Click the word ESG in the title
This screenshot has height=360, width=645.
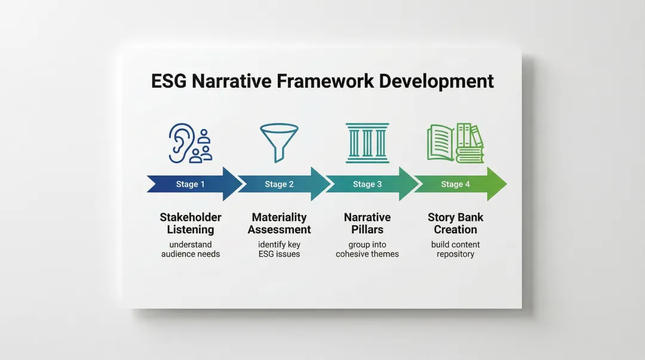coord(169,81)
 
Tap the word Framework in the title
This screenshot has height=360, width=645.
coord(325,81)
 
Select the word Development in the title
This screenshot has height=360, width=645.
coord(436,82)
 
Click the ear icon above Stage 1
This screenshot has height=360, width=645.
coord(181,143)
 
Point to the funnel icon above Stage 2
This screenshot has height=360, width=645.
coord(279,142)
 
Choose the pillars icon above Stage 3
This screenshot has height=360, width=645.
coord(367,143)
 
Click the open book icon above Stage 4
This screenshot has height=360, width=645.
coord(441,143)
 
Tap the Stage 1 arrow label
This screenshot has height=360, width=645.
coord(190,184)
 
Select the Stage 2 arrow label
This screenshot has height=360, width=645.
coord(279,184)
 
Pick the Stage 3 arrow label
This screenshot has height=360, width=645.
coord(367,184)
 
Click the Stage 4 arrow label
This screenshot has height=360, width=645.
coord(455,184)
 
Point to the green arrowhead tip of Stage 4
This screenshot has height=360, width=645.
coord(507,184)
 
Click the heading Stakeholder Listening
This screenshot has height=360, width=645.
coord(191,223)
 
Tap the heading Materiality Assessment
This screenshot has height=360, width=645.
coord(279,223)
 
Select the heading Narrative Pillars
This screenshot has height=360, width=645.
coord(367,223)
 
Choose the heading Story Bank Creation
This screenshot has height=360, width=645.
coord(455,223)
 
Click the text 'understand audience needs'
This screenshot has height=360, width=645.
coord(191,250)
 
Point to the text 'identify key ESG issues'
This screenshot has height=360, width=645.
coord(279,250)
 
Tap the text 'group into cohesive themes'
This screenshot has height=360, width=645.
coord(367,250)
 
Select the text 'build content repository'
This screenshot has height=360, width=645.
coord(455,250)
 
